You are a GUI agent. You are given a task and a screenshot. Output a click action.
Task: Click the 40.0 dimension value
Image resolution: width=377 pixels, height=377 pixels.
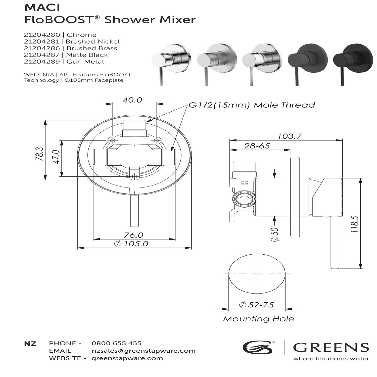pos(132,100)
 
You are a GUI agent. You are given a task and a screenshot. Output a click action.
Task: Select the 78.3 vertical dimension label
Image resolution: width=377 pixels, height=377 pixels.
pos(40,154)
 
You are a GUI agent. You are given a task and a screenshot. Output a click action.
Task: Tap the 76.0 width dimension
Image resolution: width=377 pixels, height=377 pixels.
pos(133,235)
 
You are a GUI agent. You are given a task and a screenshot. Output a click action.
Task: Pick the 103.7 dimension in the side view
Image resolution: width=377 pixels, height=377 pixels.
pos(289,136)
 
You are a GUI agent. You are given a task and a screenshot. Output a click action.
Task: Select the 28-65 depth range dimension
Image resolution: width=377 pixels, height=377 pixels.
pos(257,146)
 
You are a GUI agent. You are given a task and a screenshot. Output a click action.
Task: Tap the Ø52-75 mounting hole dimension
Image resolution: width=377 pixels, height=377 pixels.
pos(257,305)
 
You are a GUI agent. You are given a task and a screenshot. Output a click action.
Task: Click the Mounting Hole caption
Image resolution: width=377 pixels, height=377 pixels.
pos(258,319)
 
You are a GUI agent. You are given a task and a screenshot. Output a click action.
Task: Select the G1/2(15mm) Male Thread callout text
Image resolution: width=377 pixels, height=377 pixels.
pos(252,105)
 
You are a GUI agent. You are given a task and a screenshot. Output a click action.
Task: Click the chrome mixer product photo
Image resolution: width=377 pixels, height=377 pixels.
pos(172,63)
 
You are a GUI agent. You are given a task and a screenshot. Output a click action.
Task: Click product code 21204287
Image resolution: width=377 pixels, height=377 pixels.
pos(42,55)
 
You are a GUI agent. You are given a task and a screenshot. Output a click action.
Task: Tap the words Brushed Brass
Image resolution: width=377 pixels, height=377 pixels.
pos(92,48)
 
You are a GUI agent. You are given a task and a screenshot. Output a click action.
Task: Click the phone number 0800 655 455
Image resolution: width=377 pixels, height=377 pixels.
pos(116,343)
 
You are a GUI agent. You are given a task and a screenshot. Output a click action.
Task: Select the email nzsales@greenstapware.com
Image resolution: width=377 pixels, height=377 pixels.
pos(144,351)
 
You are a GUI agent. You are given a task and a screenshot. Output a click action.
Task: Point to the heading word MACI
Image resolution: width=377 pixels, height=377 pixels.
pos(42,8)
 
